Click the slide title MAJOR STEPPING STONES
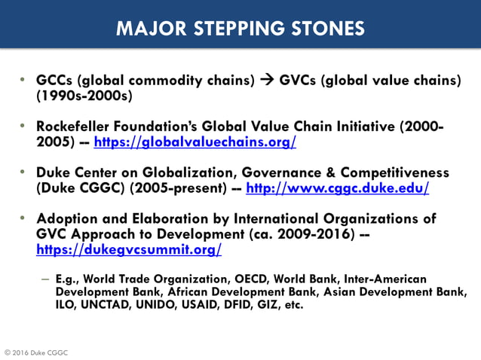(x=240, y=29)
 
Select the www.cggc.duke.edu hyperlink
(x=337, y=188)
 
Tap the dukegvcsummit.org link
(x=129, y=249)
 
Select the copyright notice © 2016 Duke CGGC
(x=36, y=352)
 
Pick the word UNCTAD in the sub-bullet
(x=107, y=306)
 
